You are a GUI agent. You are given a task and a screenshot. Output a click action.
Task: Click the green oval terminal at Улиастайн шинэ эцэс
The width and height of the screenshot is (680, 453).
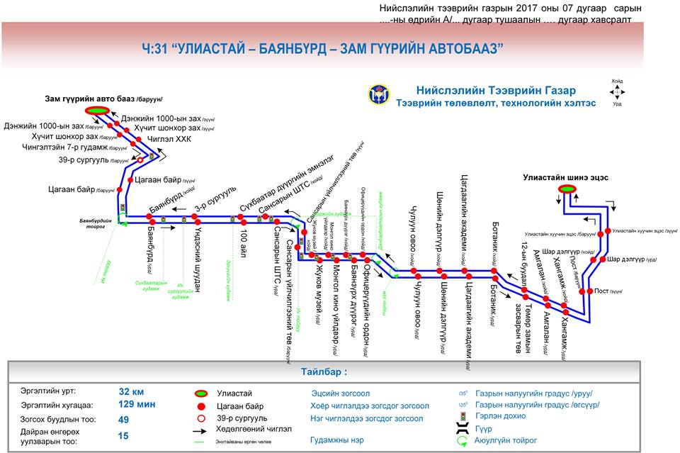click(x=567, y=189)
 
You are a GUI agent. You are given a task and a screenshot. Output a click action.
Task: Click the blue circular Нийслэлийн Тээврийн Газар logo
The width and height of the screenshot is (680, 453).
click(x=378, y=94)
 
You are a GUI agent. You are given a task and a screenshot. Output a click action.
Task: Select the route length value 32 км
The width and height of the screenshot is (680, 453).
click(x=131, y=391)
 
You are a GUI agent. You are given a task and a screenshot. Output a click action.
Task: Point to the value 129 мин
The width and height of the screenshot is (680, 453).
click(x=136, y=404)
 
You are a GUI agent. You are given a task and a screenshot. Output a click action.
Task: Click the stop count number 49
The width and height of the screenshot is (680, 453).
click(x=124, y=420)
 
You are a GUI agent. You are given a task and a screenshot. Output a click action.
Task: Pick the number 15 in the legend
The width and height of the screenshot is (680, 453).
click(x=124, y=436)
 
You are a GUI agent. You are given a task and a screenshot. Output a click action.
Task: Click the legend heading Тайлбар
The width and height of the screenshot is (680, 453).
click(x=324, y=371)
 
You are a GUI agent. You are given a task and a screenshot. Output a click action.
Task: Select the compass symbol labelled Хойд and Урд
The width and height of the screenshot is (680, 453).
click(x=617, y=92)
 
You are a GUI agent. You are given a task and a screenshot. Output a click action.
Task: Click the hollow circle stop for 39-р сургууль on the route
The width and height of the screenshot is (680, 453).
click(x=140, y=160)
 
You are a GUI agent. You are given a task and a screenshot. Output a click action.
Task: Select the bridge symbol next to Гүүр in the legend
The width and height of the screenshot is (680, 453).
click(x=463, y=429)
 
